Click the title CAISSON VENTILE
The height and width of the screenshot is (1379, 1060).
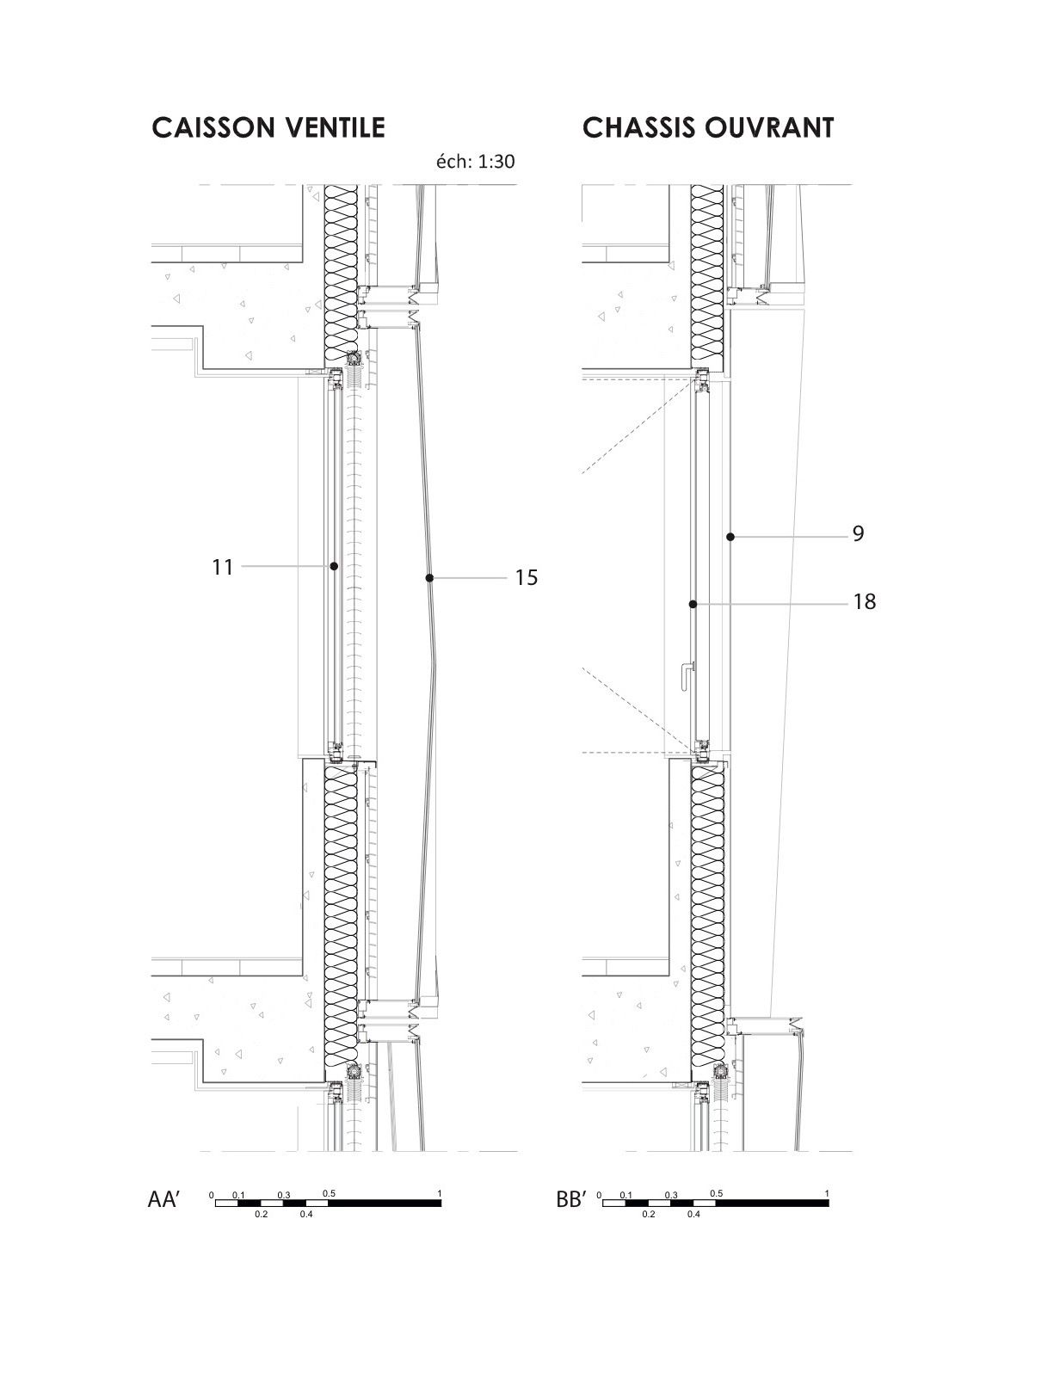click(x=268, y=127)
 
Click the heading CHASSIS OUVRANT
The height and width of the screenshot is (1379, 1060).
click(x=708, y=127)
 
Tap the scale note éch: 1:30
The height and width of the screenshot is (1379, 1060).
click(x=476, y=162)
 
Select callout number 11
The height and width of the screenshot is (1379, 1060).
click(x=222, y=567)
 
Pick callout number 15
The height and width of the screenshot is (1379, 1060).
click(x=527, y=577)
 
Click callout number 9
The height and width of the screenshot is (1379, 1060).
click(x=858, y=533)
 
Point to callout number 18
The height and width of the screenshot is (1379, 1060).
click(x=865, y=601)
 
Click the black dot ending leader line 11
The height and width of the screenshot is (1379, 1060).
click(x=334, y=565)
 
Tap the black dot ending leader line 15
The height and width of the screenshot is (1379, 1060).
click(x=429, y=577)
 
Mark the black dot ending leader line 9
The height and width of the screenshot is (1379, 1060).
click(x=730, y=537)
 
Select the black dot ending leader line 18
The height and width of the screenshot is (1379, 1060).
click(x=693, y=605)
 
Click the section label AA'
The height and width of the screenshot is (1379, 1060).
click(x=163, y=1200)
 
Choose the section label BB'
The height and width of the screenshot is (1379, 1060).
click(x=572, y=1200)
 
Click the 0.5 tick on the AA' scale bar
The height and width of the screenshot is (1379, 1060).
click(x=329, y=1194)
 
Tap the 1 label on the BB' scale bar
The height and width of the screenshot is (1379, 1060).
click(x=827, y=1194)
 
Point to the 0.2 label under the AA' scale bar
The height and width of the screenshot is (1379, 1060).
click(x=261, y=1215)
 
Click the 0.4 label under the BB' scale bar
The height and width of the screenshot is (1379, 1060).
click(x=693, y=1215)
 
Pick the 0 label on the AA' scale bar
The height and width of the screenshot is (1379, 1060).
click(x=212, y=1196)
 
